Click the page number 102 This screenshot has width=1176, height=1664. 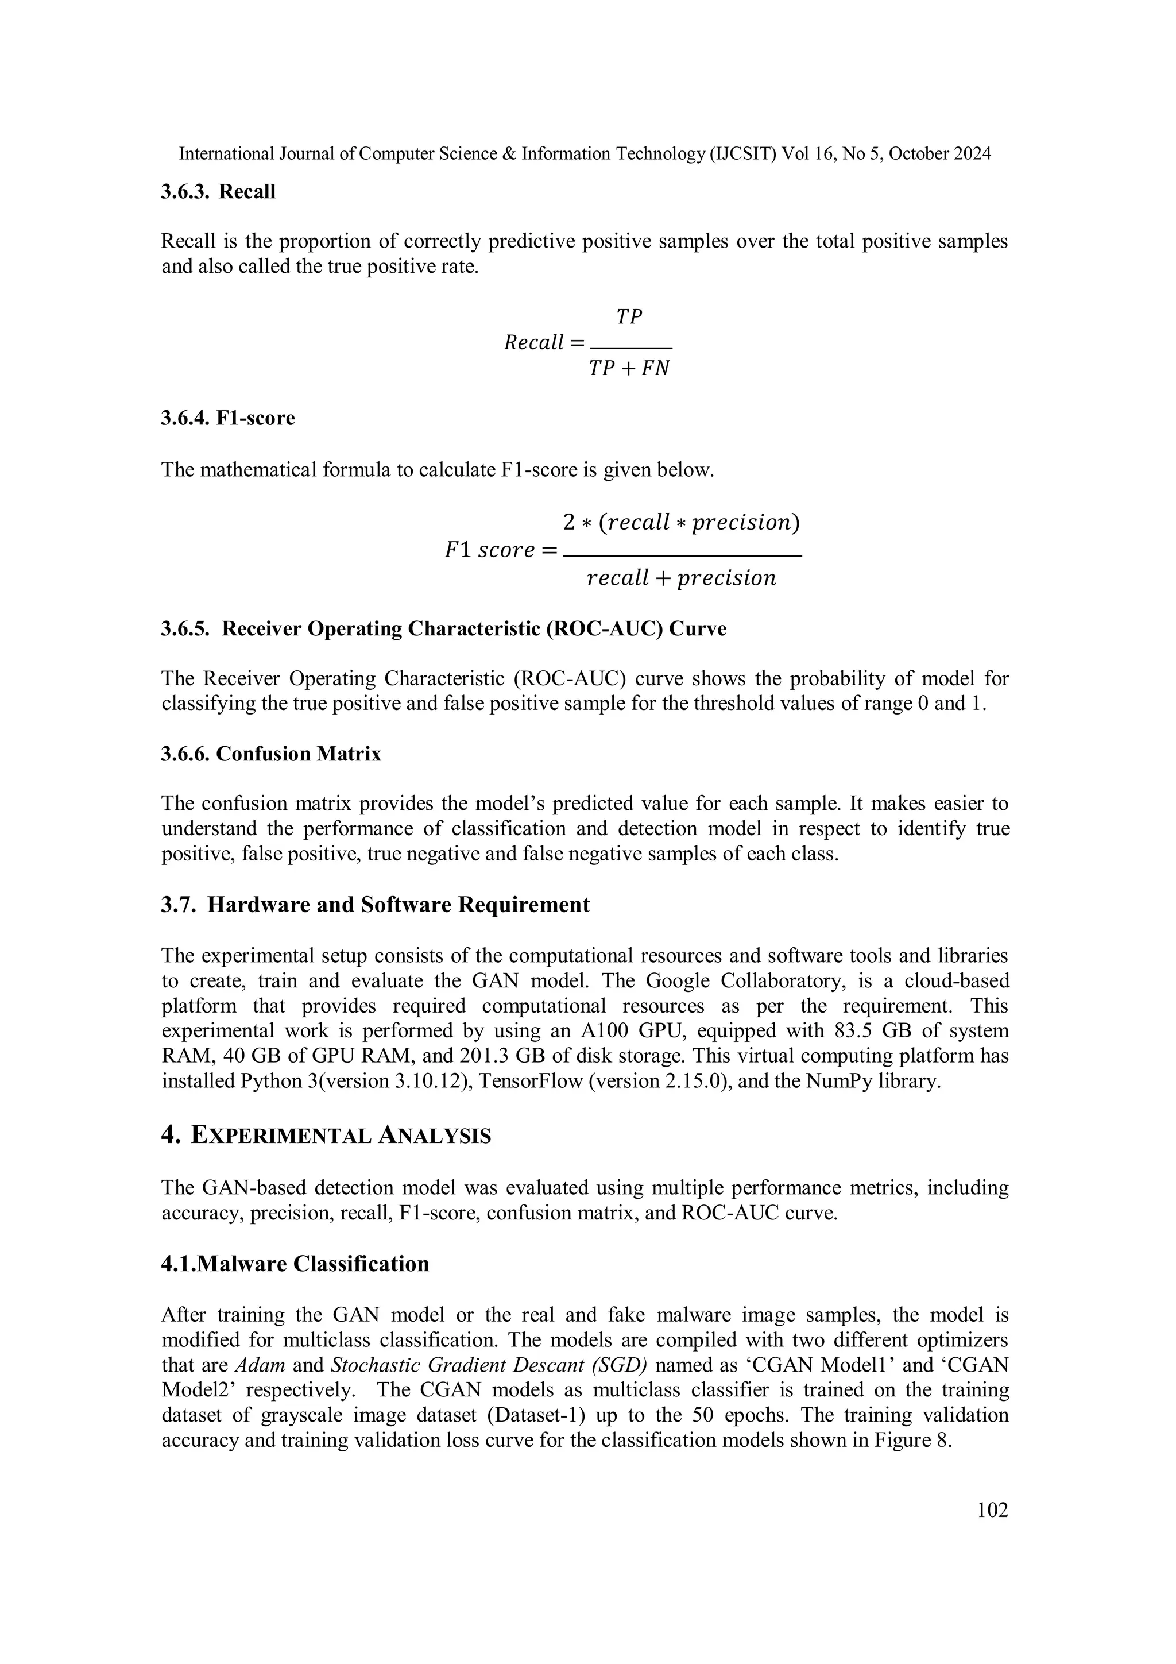pyautogui.click(x=992, y=1509)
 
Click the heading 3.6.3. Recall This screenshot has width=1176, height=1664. pyautogui.click(x=218, y=192)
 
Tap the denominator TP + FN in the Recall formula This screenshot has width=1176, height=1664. pyautogui.click(x=629, y=368)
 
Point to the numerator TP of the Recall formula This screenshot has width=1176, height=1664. pyautogui.click(x=629, y=316)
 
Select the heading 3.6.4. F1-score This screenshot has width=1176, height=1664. pyautogui.click(x=227, y=418)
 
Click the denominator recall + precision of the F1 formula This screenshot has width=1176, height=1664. pyautogui.click(x=681, y=578)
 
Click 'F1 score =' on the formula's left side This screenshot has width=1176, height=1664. pyautogui.click(x=501, y=550)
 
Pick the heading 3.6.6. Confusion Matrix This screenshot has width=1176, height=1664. pyautogui.click(x=270, y=754)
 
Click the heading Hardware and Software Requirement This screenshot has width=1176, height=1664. pyautogui.click(x=398, y=905)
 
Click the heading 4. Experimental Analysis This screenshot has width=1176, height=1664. pyautogui.click(x=326, y=1136)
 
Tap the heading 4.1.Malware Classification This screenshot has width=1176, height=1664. pyautogui.click(x=295, y=1264)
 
